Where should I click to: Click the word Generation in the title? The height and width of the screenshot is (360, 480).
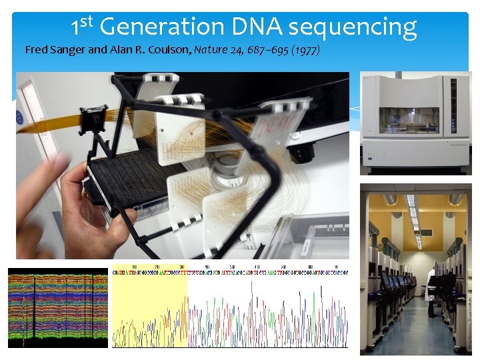161,27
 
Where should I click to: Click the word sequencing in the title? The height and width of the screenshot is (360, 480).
353,28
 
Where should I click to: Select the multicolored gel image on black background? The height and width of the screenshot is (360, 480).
57,308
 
